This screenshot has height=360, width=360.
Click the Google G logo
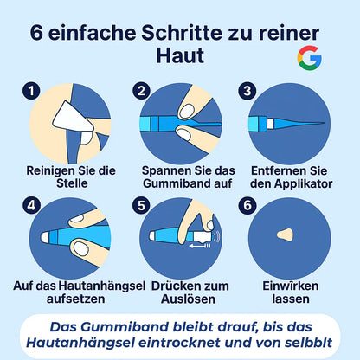(x=309, y=59)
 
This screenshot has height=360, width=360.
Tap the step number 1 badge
(x=33, y=90)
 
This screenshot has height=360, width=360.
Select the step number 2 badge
(x=142, y=90)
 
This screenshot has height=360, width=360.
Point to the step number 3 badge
(x=248, y=90)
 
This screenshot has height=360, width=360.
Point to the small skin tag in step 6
(x=285, y=235)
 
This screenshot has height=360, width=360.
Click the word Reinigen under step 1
(x=52, y=171)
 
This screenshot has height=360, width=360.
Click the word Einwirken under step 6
(x=286, y=285)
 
